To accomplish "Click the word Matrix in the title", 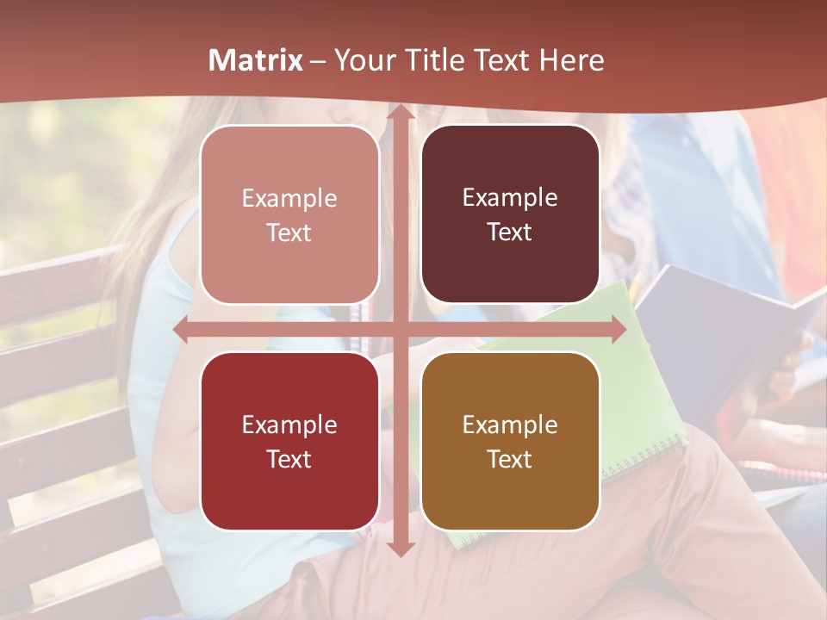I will click(256, 60).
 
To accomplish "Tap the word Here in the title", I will click(571, 60).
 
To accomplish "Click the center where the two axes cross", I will click(401, 329).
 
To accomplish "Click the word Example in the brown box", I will click(510, 425).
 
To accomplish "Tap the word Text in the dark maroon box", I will click(510, 232).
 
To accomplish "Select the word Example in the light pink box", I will click(289, 198).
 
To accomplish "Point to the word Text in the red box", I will click(289, 459).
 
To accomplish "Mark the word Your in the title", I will click(363, 60).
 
